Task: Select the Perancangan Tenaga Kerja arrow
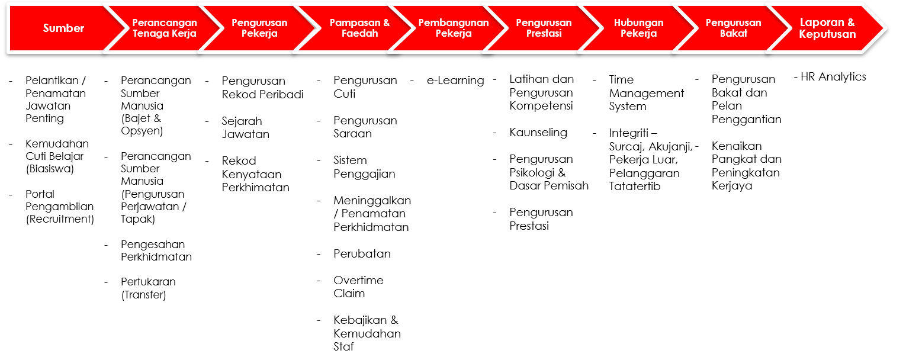pyautogui.click(x=164, y=28)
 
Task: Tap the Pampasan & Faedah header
pyautogui.click(x=359, y=28)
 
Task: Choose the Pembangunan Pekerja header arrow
pyautogui.click(x=454, y=28)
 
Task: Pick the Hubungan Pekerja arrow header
pyautogui.click(x=639, y=28)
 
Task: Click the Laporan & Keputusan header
pyautogui.click(x=827, y=28)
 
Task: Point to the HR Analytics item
pyautogui.click(x=833, y=77)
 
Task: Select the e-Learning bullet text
pyautogui.click(x=455, y=81)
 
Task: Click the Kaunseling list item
pyautogui.click(x=538, y=133)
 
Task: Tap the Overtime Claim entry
pyautogui.click(x=358, y=287)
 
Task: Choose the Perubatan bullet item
pyautogui.click(x=362, y=253)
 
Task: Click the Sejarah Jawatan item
pyautogui.click(x=246, y=127)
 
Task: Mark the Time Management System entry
pyautogui.click(x=646, y=93)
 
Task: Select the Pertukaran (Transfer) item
pyautogui.click(x=148, y=288)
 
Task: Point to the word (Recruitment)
pyautogui.click(x=60, y=219)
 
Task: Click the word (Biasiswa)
pyautogui.click(x=50, y=169)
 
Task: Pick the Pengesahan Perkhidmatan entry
pyautogui.click(x=156, y=251)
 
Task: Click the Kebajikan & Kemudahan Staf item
pyautogui.click(x=367, y=333)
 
